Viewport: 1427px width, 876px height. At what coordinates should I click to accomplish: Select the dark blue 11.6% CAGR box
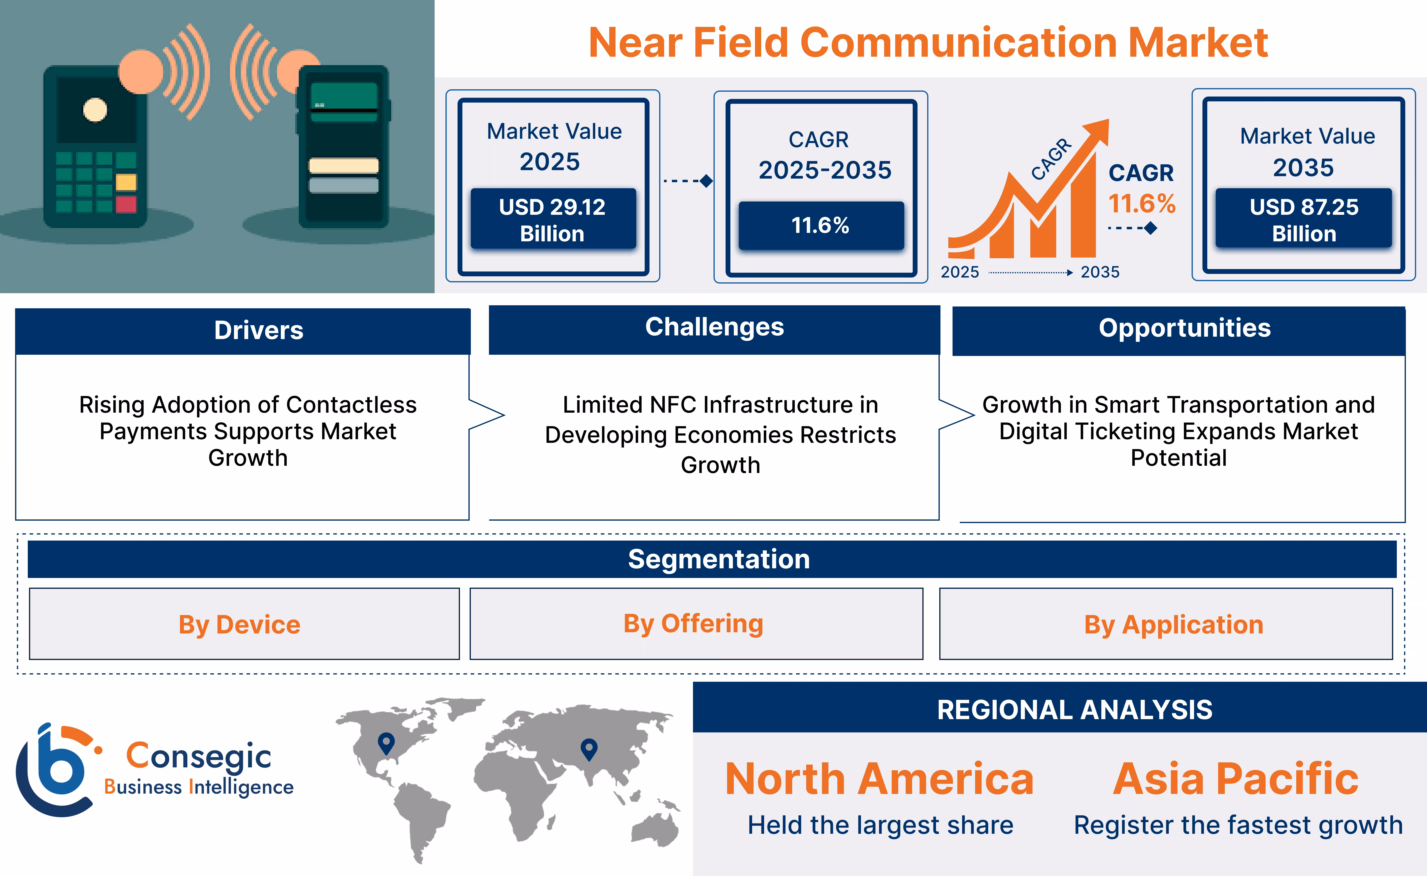(821, 225)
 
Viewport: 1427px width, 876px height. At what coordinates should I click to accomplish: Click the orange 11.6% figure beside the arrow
(1141, 203)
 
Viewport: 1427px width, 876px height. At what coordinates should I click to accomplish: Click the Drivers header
(259, 330)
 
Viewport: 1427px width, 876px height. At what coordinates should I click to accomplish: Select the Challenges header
(714, 327)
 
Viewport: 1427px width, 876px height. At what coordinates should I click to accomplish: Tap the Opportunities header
(1184, 329)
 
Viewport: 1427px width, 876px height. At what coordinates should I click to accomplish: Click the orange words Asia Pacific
(1235, 779)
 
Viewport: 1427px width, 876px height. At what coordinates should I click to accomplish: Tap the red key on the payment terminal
(126, 204)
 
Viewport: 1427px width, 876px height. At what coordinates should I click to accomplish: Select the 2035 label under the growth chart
(1099, 272)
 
